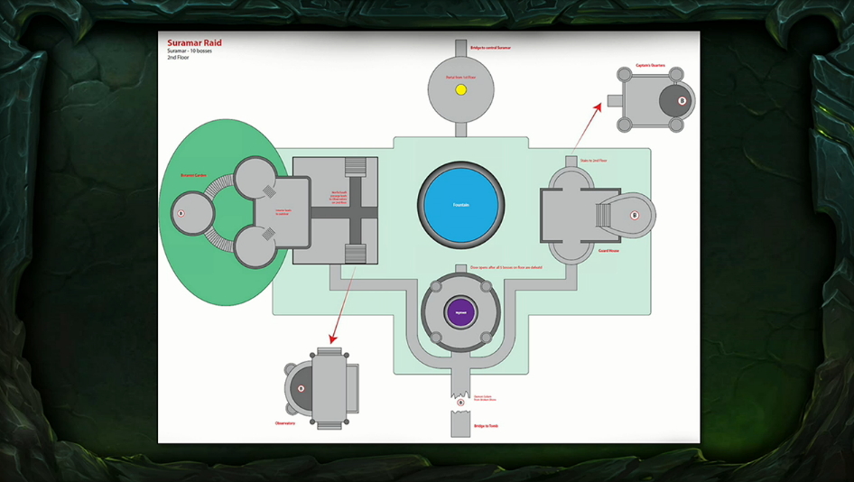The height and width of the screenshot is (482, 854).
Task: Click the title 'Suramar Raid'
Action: pyautogui.click(x=194, y=42)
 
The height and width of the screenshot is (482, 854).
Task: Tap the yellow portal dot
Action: pyautogui.click(x=460, y=90)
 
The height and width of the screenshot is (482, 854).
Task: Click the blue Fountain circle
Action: pyautogui.click(x=460, y=205)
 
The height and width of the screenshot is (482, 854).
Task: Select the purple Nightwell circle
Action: pyautogui.click(x=460, y=311)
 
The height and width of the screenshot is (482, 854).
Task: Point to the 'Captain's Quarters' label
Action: pyautogui.click(x=650, y=66)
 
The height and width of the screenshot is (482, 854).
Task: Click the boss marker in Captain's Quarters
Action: pyautogui.click(x=682, y=101)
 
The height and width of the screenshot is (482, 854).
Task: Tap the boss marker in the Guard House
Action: pyautogui.click(x=635, y=216)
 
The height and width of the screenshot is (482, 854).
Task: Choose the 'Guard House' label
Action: pyautogui.click(x=608, y=251)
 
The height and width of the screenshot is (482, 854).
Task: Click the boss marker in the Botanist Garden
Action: pyautogui.click(x=181, y=214)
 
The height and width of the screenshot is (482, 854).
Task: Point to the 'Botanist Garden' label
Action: pyautogui.click(x=194, y=175)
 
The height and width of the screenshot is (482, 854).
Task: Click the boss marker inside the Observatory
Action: pyautogui.click(x=302, y=389)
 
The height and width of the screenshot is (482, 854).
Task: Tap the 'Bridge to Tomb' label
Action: pyautogui.click(x=486, y=426)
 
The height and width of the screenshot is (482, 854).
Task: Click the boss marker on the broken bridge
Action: pyautogui.click(x=460, y=403)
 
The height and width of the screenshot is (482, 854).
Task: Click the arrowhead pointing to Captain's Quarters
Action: pyautogui.click(x=599, y=107)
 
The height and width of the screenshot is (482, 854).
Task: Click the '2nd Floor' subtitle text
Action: pyautogui.click(x=179, y=58)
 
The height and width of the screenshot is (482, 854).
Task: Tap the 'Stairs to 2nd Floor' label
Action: pyautogui.click(x=593, y=161)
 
